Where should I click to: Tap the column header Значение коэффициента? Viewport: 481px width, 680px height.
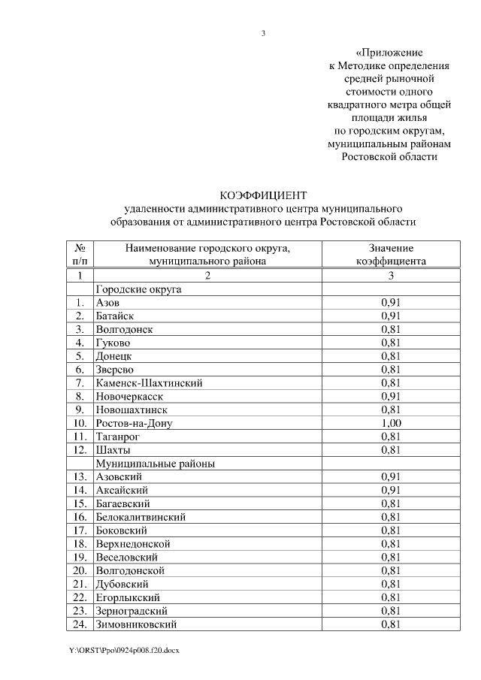click(391, 255)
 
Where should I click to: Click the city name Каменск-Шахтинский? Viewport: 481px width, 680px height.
click(149, 383)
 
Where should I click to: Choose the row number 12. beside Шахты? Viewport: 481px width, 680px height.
click(81, 450)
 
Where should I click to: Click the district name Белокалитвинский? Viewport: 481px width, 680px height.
click(141, 517)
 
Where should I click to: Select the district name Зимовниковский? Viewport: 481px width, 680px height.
click(137, 624)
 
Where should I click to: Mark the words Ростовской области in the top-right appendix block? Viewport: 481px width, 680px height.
click(389, 157)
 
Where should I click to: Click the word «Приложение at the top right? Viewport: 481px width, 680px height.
click(389, 53)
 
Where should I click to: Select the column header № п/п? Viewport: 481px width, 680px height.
click(80, 255)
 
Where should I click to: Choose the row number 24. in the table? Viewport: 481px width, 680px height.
click(81, 624)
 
